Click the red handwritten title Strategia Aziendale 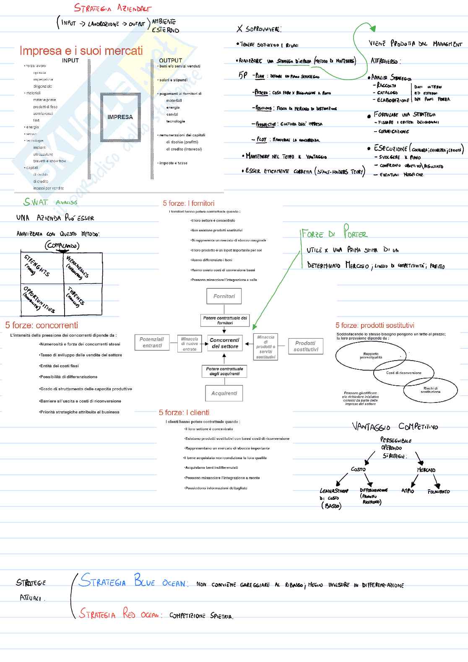click(x=112, y=8)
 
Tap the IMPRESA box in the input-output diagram click(x=120, y=117)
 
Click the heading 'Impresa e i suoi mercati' click(x=81, y=51)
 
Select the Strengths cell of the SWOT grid click(x=42, y=267)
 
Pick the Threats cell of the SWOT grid click(x=83, y=299)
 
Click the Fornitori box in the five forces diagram click(x=224, y=296)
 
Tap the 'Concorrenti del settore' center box click(x=224, y=343)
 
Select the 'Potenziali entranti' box click(x=152, y=343)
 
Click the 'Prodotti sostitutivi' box click(x=306, y=346)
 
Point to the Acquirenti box click(x=224, y=393)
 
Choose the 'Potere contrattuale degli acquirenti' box click(x=224, y=371)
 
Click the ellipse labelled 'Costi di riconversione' click(x=403, y=373)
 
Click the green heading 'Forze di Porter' click(x=334, y=233)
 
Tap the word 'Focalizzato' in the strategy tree click(x=438, y=491)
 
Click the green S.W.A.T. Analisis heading click(x=50, y=202)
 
